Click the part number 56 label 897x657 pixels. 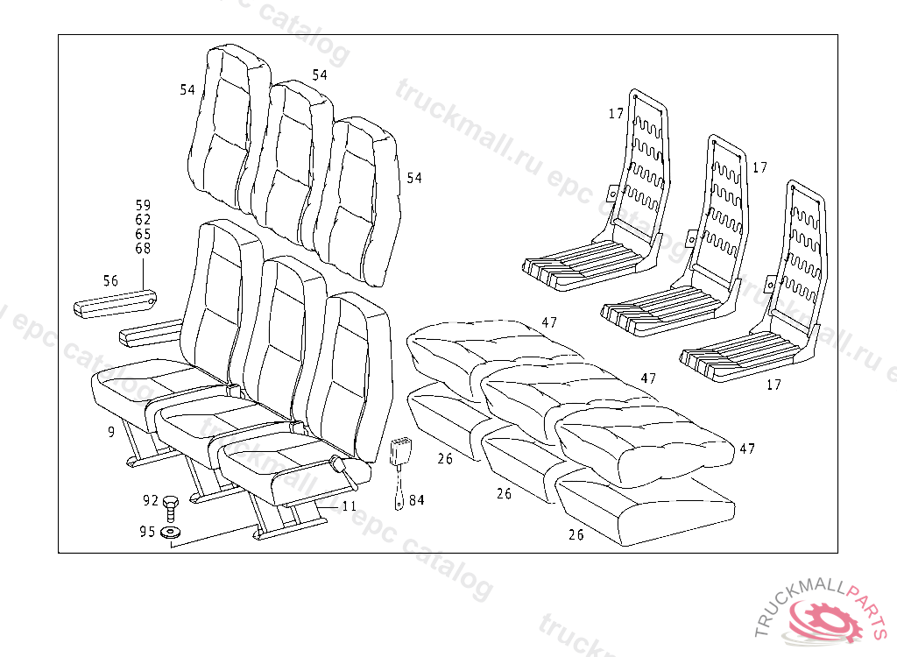110,281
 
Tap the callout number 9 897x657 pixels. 111,431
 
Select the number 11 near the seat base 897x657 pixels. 349,506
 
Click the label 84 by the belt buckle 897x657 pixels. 416,500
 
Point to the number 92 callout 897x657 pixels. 151,501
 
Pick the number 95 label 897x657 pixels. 147,532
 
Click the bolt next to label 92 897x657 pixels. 172,505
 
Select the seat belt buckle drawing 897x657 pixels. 400,456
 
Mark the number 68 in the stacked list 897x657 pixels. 143,249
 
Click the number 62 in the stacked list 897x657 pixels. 143,219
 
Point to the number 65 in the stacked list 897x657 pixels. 143,234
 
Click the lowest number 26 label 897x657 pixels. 576,535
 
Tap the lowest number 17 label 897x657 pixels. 773,385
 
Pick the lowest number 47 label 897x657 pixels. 746,449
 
